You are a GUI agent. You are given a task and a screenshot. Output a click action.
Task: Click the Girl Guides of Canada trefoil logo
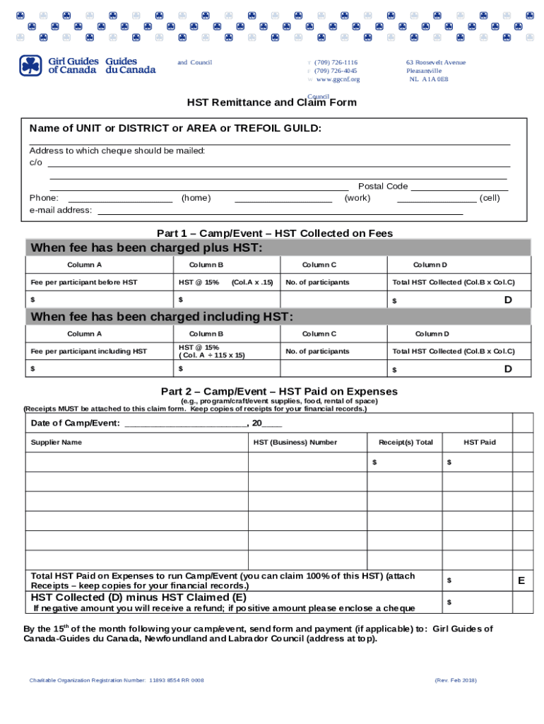[x=31, y=66]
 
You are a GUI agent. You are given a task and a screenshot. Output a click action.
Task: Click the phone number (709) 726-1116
[x=336, y=62]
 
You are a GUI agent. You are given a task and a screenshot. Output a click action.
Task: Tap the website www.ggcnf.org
[x=338, y=79]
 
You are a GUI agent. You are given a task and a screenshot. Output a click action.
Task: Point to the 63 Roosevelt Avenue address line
[x=435, y=62]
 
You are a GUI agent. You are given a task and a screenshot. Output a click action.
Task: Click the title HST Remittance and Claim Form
[x=271, y=103]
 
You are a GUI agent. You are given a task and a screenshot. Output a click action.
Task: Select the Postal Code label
[x=383, y=186]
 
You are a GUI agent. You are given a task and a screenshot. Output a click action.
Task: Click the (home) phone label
[x=196, y=198]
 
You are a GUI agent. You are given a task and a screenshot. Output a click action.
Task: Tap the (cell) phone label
[x=489, y=198]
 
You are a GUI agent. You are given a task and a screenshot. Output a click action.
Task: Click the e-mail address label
[x=61, y=210]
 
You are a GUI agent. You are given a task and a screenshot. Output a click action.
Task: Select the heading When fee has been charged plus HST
[x=146, y=247]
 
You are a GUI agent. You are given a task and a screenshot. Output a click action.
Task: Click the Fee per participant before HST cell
[x=84, y=282]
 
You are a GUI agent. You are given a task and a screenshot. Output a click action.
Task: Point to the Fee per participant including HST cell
[x=88, y=351]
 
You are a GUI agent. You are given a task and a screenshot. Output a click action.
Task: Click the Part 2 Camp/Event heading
[x=279, y=391]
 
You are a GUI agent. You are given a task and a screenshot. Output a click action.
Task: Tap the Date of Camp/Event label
[x=76, y=424]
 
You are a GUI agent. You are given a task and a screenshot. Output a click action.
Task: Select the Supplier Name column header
[x=57, y=443]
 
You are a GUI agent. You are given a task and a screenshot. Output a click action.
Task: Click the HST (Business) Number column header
[x=295, y=443]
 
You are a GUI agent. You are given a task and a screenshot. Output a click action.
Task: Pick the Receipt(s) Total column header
[x=406, y=443]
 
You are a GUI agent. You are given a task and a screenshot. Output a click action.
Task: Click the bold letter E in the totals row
[x=521, y=580]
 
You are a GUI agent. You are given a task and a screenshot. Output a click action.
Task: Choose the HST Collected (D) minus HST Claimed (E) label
[x=138, y=597]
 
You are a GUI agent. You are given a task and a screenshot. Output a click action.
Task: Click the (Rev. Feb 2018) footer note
[x=456, y=680]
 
